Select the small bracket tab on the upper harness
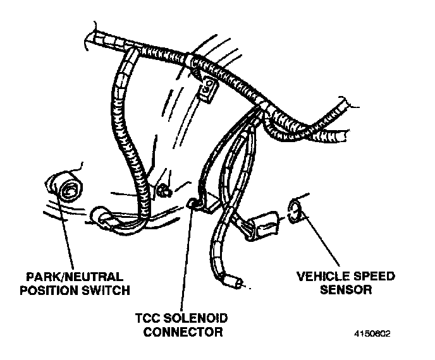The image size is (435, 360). (x=207, y=90)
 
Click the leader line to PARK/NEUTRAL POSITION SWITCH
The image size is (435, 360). (x=69, y=234)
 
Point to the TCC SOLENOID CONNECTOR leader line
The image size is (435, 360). (x=186, y=259)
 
